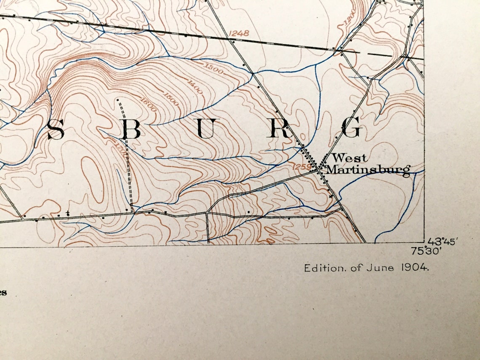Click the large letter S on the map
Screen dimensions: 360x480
[x=56, y=130]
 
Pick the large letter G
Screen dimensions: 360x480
[x=352, y=128]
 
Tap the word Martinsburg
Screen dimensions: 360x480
[x=368, y=170]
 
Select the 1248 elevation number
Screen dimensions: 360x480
[x=239, y=33]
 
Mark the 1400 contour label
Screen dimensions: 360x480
[x=195, y=87]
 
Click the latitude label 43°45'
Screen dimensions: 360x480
[x=443, y=242]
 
